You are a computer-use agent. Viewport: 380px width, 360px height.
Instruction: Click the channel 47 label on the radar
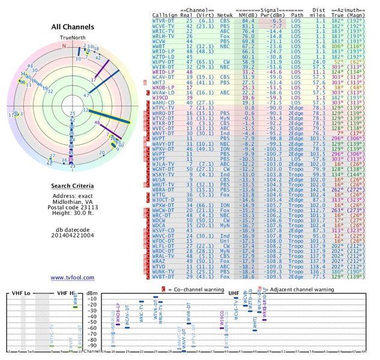click(x=86, y=95)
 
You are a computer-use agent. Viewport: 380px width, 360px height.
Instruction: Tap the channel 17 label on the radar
click(x=92, y=79)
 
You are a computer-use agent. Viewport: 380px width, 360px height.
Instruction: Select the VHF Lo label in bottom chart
click(x=22, y=293)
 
